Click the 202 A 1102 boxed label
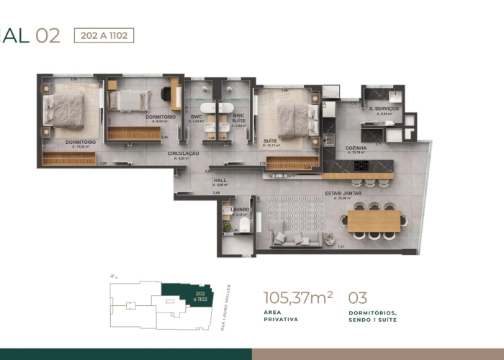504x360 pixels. coord(104,35)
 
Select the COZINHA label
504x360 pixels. coord(355,148)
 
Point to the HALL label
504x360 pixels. coord(220,181)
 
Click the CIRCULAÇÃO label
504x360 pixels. coord(184,153)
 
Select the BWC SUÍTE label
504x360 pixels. coord(238,118)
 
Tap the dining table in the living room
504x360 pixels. coord(374,220)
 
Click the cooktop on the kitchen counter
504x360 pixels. coord(361,166)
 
